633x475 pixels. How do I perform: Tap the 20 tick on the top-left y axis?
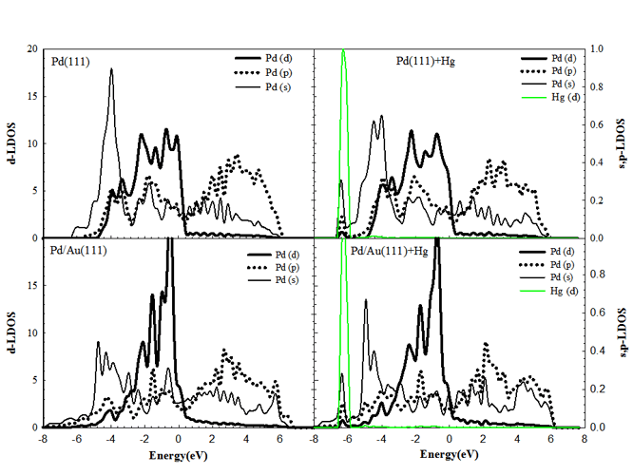pyautogui.click(x=33, y=48)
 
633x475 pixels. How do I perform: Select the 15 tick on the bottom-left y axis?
pyautogui.click(x=33, y=285)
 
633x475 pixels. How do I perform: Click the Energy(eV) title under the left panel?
pyautogui.click(x=179, y=457)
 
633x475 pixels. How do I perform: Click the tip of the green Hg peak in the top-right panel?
pyautogui.click(x=343, y=50)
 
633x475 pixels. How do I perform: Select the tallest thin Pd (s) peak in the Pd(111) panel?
pyautogui.click(x=111, y=68)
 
